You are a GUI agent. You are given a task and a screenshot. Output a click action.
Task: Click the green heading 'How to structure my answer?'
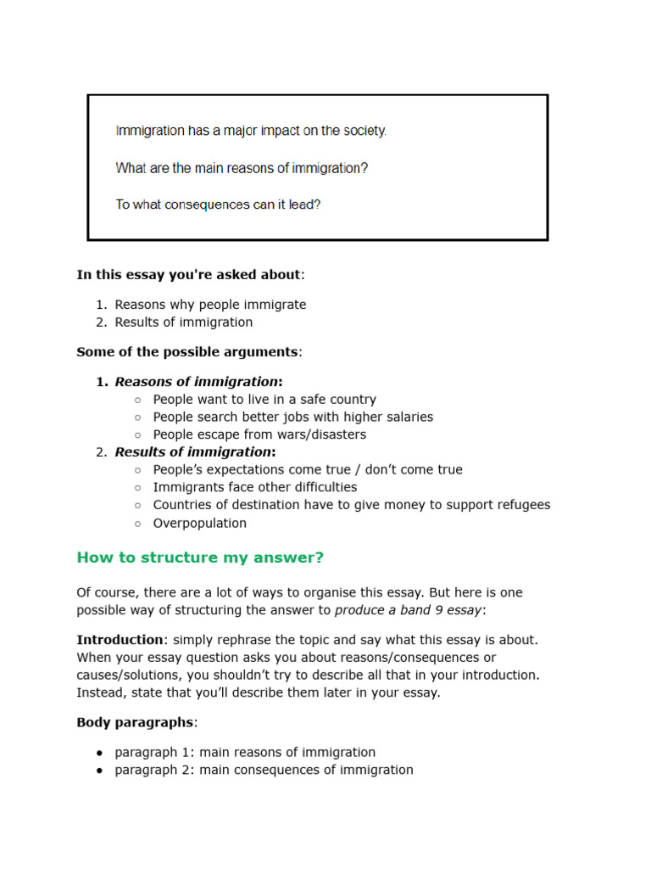[200, 558]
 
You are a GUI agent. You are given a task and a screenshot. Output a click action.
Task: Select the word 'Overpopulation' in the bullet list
[200, 523]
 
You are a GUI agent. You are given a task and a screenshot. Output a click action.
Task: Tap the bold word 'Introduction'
[120, 639]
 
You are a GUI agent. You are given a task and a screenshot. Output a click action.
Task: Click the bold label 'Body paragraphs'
[136, 722]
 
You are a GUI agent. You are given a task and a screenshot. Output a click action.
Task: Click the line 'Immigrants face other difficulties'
[255, 487]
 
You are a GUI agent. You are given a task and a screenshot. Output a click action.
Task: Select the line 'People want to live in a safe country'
[264, 399]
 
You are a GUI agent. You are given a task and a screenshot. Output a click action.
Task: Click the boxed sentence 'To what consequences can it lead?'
[218, 205]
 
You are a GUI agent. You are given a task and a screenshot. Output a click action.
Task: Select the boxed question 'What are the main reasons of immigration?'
[242, 168]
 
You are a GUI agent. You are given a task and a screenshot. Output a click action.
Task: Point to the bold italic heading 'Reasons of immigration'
[197, 381]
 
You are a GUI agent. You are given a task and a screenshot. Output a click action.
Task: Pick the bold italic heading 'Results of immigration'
[194, 451]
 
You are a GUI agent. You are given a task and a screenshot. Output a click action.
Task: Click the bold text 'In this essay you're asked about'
[188, 274]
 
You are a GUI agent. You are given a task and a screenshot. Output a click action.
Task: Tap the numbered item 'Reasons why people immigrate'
[210, 305]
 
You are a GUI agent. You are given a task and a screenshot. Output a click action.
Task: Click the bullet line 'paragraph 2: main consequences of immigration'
[264, 770]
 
